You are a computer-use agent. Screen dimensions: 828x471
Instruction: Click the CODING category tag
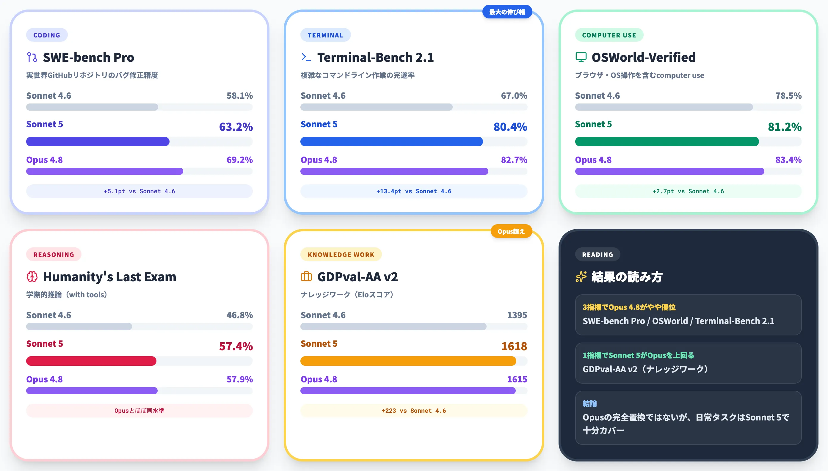tap(47, 35)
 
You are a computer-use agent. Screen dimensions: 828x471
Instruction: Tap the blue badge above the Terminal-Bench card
tap(507, 12)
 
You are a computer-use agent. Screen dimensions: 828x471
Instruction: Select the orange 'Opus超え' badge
tap(511, 231)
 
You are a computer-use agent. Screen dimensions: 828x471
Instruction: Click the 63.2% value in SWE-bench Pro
tap(236, 127)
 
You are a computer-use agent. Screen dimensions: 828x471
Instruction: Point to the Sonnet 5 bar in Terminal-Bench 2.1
tap(391, 141)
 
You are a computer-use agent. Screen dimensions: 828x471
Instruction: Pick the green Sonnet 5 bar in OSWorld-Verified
tap(667, 141)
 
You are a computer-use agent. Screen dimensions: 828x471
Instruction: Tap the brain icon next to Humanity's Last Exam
tap(32, 277)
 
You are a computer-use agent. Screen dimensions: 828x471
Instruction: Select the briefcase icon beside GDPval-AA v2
tap(306, 277)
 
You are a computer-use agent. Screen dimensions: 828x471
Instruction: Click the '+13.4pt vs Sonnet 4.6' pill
tap(414, 191)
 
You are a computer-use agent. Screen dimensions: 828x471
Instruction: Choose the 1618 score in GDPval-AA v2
tap(514, 346)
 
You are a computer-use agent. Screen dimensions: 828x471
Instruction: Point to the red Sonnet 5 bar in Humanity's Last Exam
tap(91, 361)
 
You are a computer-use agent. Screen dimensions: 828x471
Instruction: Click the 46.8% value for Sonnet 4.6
tap(239, 315)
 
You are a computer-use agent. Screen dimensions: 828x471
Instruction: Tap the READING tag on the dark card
tap(598, 255)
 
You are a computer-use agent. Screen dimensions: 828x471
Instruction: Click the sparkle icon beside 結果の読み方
tap(581, 277)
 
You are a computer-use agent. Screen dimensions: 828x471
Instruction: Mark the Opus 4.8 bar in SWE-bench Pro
tap(104, 171)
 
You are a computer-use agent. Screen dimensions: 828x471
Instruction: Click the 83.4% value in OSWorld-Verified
tap(788, 160)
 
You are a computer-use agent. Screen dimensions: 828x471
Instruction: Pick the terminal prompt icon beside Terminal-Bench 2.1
tap(306, 57)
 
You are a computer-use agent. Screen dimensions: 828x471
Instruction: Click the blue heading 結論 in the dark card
tap(589, 404)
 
